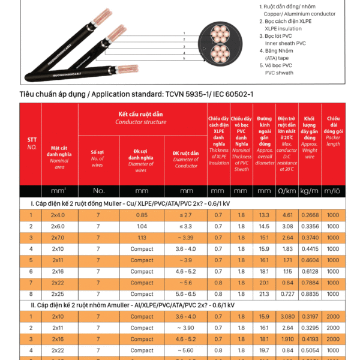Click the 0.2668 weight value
tap(310, 215)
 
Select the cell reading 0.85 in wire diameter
tap(142, 215)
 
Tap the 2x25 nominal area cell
tap(58, 294)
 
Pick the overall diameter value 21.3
tap(264, 294)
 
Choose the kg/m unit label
tap(310, 191)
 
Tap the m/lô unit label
tap(332, 191)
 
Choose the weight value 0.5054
tap(310, 350)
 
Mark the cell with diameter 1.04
tap(142, 226)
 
